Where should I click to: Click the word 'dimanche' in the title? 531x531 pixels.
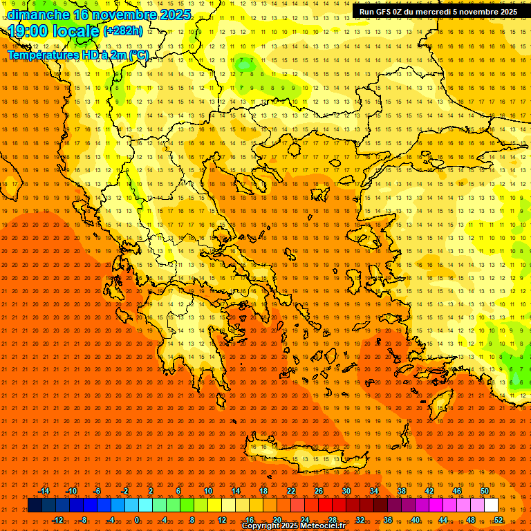click(x=38, y=14)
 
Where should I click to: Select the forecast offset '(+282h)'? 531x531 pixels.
click(x=123, y=30)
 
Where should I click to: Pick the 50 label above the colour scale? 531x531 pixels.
click(x=485, y=491)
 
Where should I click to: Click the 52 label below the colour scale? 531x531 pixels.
click(x=499, y=519)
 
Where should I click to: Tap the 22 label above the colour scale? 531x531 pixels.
click(x=291, y=491)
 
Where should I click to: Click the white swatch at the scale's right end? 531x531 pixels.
click(x=492, y=505)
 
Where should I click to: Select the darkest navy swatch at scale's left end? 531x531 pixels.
click(x=35, y=505)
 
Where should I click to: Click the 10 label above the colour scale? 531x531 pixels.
click(x=208, y=491)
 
